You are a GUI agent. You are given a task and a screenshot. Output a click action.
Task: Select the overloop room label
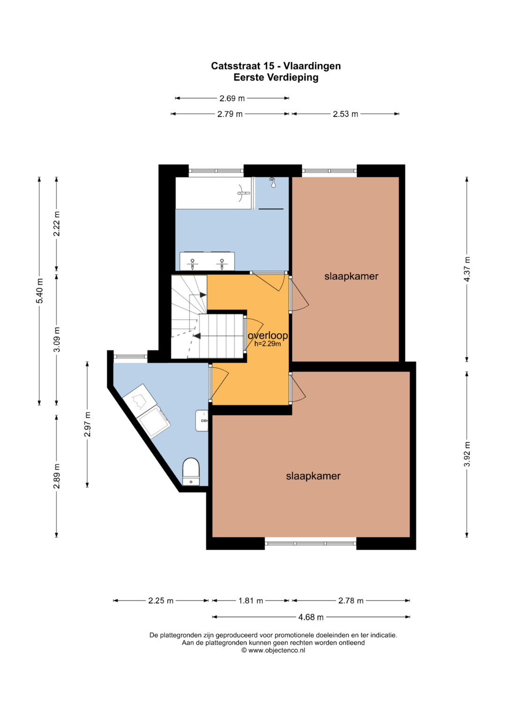tap(268, 335)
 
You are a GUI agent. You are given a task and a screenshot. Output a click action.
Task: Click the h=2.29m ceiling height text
tap(268, 344)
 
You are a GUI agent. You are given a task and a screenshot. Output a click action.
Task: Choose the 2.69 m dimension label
tap(232, 98)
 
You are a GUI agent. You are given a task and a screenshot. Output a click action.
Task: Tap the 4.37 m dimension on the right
tap(467, 269)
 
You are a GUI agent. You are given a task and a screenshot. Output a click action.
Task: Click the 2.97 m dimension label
tap(87, 424)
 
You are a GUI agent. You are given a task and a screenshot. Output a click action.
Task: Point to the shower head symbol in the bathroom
tap(273, 182)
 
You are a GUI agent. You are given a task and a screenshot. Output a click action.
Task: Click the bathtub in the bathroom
tap(213, 193)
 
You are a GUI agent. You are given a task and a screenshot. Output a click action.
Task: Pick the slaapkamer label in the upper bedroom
tap(351, 276)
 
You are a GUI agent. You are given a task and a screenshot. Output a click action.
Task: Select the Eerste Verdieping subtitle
tap(276, 77)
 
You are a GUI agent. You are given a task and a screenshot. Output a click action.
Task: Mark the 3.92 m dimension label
tap(467, 454)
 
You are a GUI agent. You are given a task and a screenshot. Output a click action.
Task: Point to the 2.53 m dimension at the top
tap(345, 114)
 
